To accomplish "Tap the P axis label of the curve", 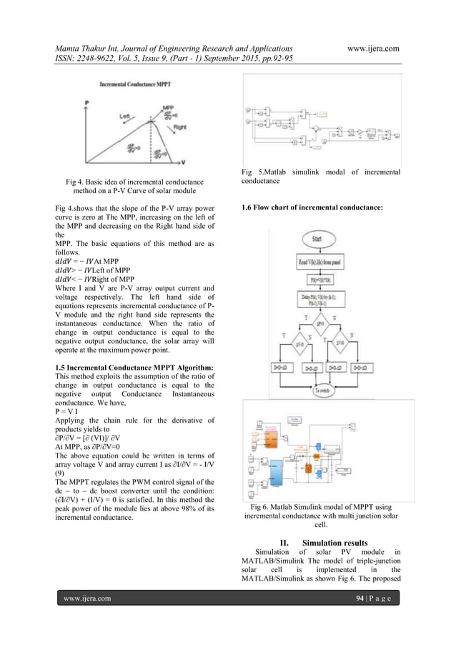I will (86, 103).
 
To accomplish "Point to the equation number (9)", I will (61, 473).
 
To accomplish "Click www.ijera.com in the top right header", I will (372, 47).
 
